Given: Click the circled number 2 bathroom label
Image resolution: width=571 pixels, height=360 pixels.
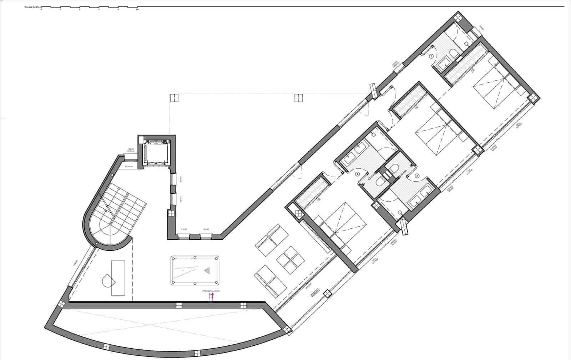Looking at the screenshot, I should click(431, 56).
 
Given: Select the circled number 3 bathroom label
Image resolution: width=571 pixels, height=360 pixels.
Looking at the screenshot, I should click(417, 176).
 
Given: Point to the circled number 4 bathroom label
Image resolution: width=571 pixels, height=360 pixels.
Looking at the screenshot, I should click(357, 174).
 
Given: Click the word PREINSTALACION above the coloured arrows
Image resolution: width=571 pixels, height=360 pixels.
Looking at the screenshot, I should click(211, 291).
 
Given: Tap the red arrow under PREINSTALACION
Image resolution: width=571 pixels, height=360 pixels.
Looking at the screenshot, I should click(213, 297).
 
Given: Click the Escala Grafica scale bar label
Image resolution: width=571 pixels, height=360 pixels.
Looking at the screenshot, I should click(31, 7).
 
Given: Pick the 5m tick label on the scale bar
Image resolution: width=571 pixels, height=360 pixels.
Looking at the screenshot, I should click(137, 10).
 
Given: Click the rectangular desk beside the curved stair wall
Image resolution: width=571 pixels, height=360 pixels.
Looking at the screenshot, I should click(118, 278).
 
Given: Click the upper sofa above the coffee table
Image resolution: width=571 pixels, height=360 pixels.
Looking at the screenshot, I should click(272, 240).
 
